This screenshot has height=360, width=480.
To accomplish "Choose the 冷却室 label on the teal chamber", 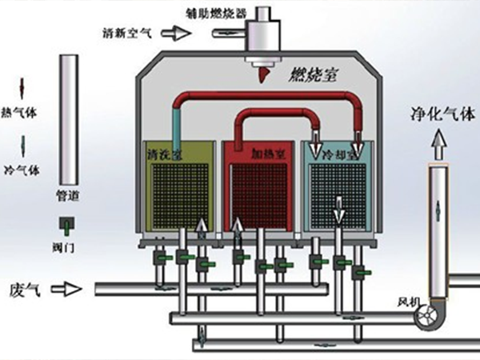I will (x=337, y=150).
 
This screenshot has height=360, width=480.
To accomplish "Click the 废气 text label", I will (x=24, y=287).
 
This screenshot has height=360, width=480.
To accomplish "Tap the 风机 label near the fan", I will (x=408, y=302).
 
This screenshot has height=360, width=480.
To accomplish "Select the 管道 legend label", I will (x=68, y=194).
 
